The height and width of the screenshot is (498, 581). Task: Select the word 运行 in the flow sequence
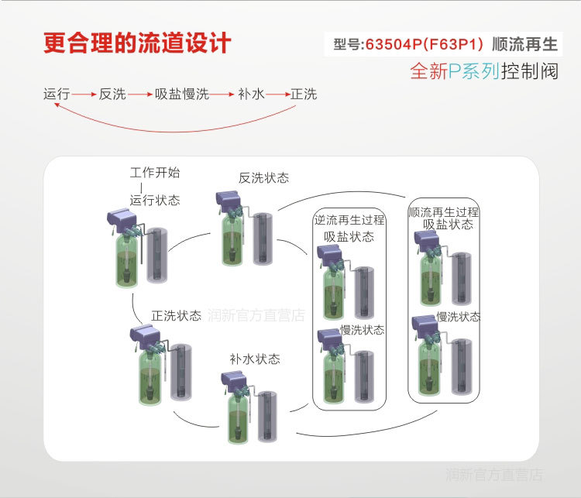pyautogui.click(x=57, y=94)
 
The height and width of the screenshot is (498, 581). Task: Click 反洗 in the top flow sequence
pyautogui.click(x=112, y=94)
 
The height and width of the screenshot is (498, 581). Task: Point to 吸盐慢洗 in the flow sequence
pyautogui.click(x=181, y=94)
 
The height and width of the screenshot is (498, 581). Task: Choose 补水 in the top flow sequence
pyautogui.click(x=251, y=94)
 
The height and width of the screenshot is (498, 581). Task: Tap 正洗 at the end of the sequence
pyautogui.click(x=304, y=94)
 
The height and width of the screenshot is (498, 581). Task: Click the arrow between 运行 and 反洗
pyautogui.click(x=84, y=94)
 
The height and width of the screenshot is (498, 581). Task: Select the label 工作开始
pyautogui.click(x=154, y=172)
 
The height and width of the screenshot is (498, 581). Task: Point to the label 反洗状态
pyautogui.click(x=263, y=177)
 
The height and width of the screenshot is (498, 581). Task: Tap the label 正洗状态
pyautogui.click(x=176, y=316)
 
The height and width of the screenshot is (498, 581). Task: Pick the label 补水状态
pyautogui.click(x=254, y=359)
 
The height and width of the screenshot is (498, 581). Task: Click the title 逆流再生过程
pyautogui.click(x=349, y=220)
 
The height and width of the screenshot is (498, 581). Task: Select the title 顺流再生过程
pyautogui.click(x=443, y=211)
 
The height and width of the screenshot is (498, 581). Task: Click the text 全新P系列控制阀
pyautogui.click(x=484, y=71)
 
